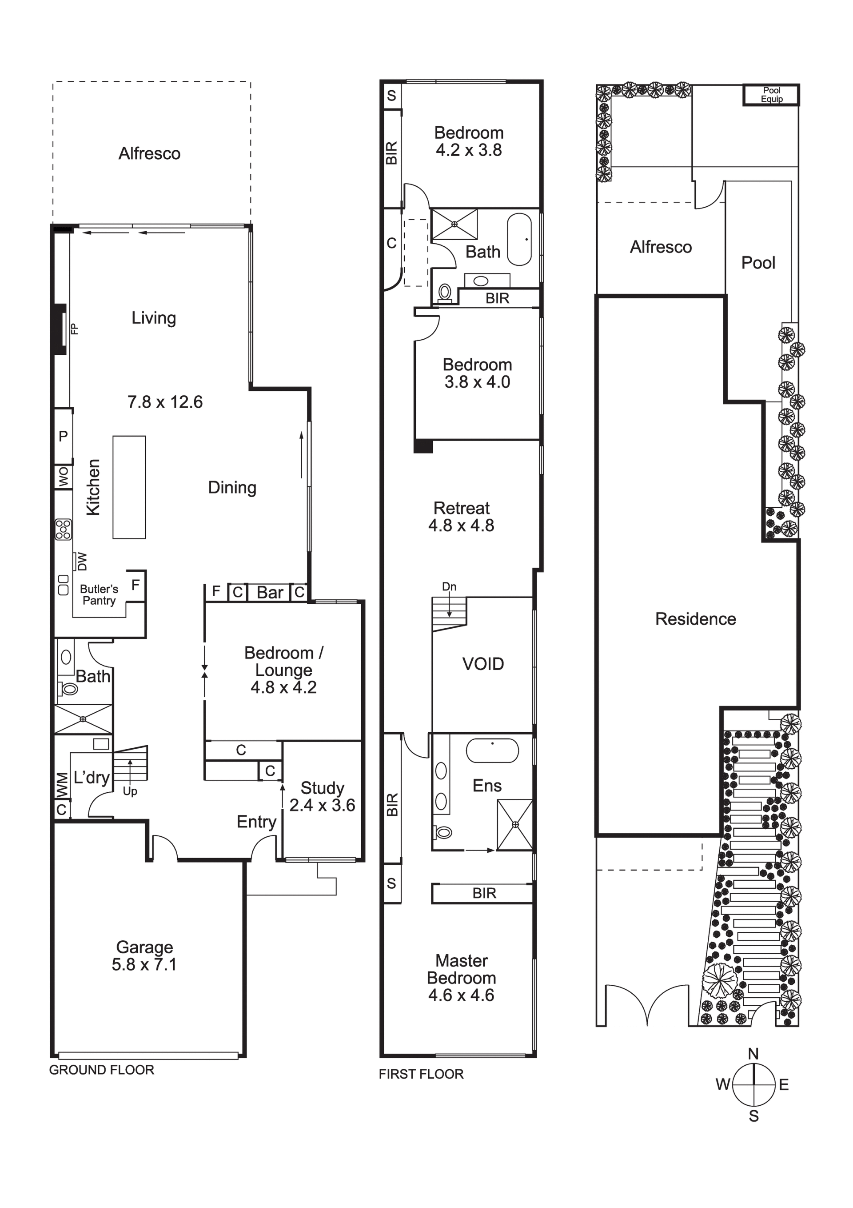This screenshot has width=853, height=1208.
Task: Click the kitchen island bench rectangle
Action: [x=129, y=487]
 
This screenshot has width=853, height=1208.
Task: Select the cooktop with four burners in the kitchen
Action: [x=63, y=529]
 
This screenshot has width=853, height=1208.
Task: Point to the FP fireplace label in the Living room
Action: [x=74, y=329]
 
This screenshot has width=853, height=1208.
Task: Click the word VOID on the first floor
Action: [x=483, y=664]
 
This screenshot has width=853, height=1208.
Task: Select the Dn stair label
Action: [x=449, y=586]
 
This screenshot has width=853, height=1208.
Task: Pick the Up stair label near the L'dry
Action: [x=130, y=791]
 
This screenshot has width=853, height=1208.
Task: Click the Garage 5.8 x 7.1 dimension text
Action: [x=144, y=964]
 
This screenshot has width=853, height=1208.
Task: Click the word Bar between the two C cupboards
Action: [x=270, y=592]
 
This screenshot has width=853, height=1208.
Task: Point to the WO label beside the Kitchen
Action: [x=63, y=477]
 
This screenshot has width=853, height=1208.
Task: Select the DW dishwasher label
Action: [x=81, y=562]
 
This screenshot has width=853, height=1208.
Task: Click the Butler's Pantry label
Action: [x=99, y=594]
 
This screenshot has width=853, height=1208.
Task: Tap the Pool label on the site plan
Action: [x=758, y=262]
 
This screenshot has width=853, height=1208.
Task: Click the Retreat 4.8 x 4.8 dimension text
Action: [x=461, y=525]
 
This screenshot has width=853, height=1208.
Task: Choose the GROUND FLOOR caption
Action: [x=101, y=1070]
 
